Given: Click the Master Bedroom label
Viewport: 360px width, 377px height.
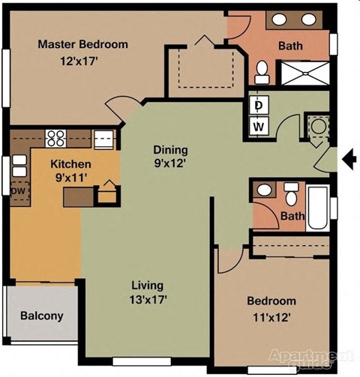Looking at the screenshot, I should [x=82, y=44].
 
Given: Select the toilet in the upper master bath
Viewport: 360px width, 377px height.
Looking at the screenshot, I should [x=262, y=72].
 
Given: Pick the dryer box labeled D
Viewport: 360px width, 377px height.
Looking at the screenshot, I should [x=257, y=106].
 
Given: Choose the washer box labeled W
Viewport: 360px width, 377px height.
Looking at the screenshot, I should [x=257, y=127].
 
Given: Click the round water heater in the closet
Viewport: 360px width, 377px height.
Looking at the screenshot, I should [x=318, y=127].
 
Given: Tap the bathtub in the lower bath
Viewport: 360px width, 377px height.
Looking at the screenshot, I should [x=318, y=208].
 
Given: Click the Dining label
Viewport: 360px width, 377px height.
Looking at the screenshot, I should [x=170, y=149].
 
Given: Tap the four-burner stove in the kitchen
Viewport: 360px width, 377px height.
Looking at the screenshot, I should [x=56, y=137].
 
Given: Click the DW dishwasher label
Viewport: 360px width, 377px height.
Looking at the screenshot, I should [x=18, y=190].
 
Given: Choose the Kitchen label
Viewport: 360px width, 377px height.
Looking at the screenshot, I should [x=70, y=164].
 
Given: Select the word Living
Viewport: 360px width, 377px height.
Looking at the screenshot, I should [x=147, y=286].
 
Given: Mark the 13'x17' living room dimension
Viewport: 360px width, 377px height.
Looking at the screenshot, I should [x=147, y=299].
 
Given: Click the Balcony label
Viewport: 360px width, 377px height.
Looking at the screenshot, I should [x=41, y=316].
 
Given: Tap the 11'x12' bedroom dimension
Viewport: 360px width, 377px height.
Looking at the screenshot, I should [x=271, y=316].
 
